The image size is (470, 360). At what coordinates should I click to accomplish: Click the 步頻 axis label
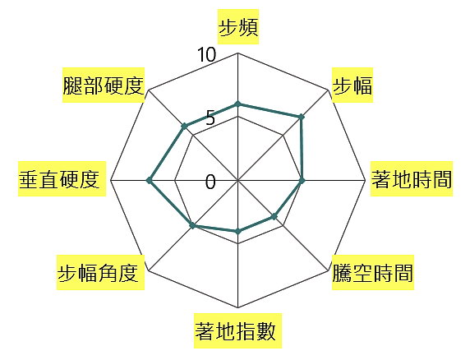(238, 28)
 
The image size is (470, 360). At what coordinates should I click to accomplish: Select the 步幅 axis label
(352, 85)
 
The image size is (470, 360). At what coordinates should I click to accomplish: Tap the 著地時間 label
(412, 179)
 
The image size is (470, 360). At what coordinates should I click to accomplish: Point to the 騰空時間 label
(373, 273)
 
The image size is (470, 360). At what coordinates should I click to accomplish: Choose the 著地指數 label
(235, 331)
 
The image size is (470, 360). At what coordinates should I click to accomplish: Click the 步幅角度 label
(98, 273)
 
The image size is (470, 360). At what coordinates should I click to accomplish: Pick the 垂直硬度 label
(59, 179)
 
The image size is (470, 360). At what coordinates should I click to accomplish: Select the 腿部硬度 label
(104, 85)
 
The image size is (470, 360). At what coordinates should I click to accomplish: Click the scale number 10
(206, 55)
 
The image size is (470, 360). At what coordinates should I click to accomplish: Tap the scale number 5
(210, 118)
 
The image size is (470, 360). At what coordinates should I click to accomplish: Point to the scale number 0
(210, 182)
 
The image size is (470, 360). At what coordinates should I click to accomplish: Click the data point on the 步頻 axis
(238, 104)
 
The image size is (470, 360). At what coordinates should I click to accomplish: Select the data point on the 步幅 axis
(302, 118)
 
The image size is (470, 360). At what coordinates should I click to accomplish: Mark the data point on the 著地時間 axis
(302, 181)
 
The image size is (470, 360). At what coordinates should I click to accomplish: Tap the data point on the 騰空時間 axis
(274, 216)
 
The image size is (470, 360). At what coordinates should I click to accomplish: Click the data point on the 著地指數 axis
(238, 232)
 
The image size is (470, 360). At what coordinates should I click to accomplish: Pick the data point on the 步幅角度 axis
(193, 225)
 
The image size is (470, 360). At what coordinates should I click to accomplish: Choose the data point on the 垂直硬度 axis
(149, 181)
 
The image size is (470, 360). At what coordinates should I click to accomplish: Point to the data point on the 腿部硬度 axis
(184, 127)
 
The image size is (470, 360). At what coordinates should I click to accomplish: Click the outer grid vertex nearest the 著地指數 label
(238, 308)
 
